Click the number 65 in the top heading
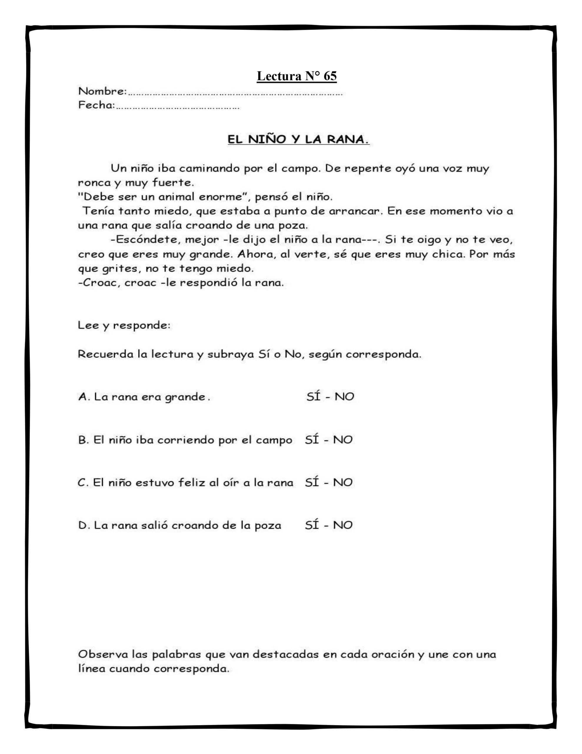pos(330,76)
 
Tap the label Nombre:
pos(102,92)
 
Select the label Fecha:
pos(97,105)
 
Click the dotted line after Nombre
pos(235,93)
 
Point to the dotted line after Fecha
pos(177,107)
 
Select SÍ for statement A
pos(314,397)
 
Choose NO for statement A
pos(344,397)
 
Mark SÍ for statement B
pos(312,440)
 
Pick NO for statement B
pos(342,440)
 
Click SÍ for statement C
pos(312,482)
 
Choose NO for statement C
pos(342,482)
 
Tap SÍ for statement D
pos(312,525)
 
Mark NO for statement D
pos(342,525)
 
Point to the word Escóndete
pos(145,239)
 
